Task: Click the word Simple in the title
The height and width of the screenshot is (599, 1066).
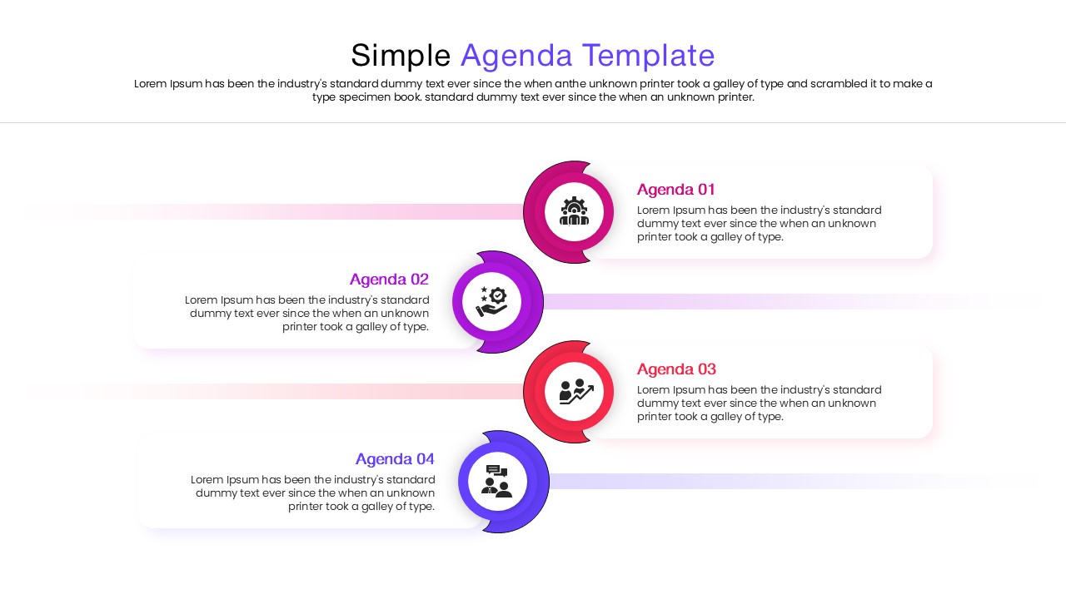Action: pyautogui.click(x=401, y=56)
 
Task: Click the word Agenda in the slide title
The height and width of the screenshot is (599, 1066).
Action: pyautogui.click(x=516, y=56)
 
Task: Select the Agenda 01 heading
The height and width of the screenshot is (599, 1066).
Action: pyautogui.click(x=676, y=190)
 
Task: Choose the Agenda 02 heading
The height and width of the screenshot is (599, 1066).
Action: pyautogui.click(x=389, y=280)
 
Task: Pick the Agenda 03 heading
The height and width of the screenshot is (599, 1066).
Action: pyautogui.click(x=676, y=369)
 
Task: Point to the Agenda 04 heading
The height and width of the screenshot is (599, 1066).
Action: pyautogui.click(x=395, y=459)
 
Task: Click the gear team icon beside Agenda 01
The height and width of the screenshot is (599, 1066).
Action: pyautogui.click(x=574, y=211)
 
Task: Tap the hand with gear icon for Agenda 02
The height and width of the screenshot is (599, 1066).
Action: pyautogui.click(x=491, y=301)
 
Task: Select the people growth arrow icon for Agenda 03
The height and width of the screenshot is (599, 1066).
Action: pyautogui.click(x=576, y=391)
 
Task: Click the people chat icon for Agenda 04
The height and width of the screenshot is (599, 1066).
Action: pyautogui.click(x=496, y=481)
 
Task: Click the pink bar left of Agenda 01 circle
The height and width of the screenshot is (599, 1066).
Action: pyautogui.click(x=333, y=211)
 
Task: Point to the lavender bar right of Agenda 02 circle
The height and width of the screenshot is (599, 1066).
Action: pyautogui.click(x=750, y=301)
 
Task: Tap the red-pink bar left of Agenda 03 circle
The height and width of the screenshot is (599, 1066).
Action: pyautogui.click(x=333, y=391)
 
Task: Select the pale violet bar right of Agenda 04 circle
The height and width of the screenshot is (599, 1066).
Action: pyautogui.click(x=750, y=481)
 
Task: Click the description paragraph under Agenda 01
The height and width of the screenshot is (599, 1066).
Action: pyautogui.click(x=759, y=224)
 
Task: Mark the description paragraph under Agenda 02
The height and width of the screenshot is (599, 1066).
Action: pyautogui.click(x=308, y=314)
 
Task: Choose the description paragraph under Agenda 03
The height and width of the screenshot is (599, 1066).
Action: pyautogui.click(x=759, y=403)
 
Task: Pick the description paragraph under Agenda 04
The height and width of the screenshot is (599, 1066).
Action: pyautogui.click(x=313, y=493)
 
